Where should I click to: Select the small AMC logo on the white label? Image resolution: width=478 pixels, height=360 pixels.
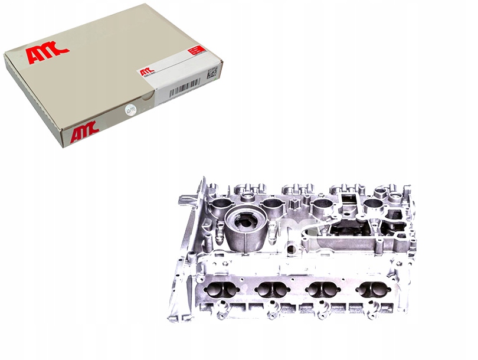[x=145, y=72]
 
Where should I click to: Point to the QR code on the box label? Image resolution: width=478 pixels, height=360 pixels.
[x=212, y=73]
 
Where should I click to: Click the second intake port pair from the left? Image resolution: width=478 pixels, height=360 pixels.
[x=271, y=290]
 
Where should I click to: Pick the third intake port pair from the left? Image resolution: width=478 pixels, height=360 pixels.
[x=322, y=290]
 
